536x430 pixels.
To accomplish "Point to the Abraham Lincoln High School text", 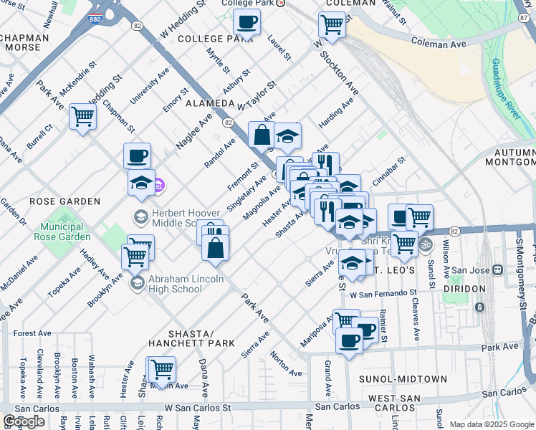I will (175, 284).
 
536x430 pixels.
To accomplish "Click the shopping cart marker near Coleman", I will (332, 24).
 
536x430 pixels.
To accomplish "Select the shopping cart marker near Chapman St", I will (83, 116).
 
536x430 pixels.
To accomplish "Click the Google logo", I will (24, 421).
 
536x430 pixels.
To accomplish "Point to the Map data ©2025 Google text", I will (491, 424).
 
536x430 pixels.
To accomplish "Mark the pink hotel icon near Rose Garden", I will (159, 186).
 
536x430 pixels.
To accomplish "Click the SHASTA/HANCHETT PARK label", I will (193, 339).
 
